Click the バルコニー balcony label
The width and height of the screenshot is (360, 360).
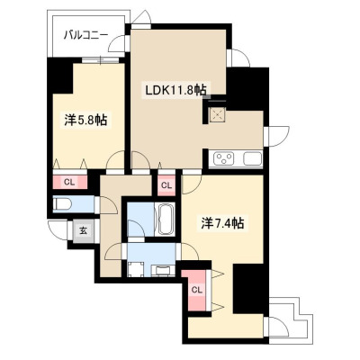tap(85, 36)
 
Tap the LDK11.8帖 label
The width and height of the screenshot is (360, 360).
tap(175, 90)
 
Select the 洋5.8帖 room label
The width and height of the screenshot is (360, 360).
tap(85, 120)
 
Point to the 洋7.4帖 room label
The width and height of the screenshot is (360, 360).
tap(222, 223)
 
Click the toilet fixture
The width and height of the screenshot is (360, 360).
tap(62, 204)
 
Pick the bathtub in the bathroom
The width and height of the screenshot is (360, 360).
tap(166, 220)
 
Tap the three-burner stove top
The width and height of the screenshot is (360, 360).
tap(223, 158)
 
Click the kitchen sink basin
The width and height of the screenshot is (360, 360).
tap(253, 158)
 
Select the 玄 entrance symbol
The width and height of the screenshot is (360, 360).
tap(84, 230)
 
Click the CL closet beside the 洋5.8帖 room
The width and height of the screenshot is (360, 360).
tap(70, 182)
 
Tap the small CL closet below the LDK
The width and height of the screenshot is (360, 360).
tap(166, 185)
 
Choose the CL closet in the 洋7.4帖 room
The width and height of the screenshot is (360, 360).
tap(196, 290)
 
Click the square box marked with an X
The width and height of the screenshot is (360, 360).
tap(216, 114)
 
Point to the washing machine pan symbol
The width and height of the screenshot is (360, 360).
tap(135, 269)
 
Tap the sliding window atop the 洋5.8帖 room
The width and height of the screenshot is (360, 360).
tap(101, 60)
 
